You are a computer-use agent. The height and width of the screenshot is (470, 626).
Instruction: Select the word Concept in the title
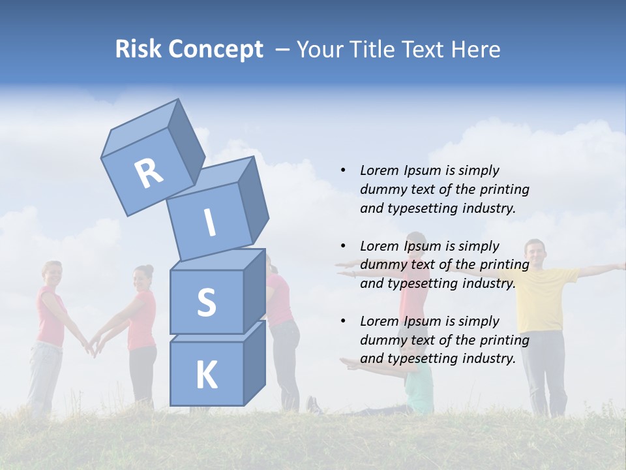pyautogui.click(x=216, y=50)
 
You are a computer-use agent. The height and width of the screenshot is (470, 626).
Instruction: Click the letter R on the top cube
pyautogui.click(x=149, y=173)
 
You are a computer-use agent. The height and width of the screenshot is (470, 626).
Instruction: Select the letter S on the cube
pyautogui.click(x=206, y=302)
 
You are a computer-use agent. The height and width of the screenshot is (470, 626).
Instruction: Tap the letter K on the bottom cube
pyautogui.click(x=206, y=375)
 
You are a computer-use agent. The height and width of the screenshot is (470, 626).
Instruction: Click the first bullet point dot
pyautogui.click(x=343, y=170)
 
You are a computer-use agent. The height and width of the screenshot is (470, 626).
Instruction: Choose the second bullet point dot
pyautogui.click(x=343, y=246)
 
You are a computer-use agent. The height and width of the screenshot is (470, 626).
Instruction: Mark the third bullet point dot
pyautogui.click(x=343, y=321)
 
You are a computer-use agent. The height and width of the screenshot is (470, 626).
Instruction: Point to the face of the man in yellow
pyautogui.click(x=535, y=251)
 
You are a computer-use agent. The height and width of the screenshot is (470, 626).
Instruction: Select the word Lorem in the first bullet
pyautogui.click(x=378, y=170)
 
